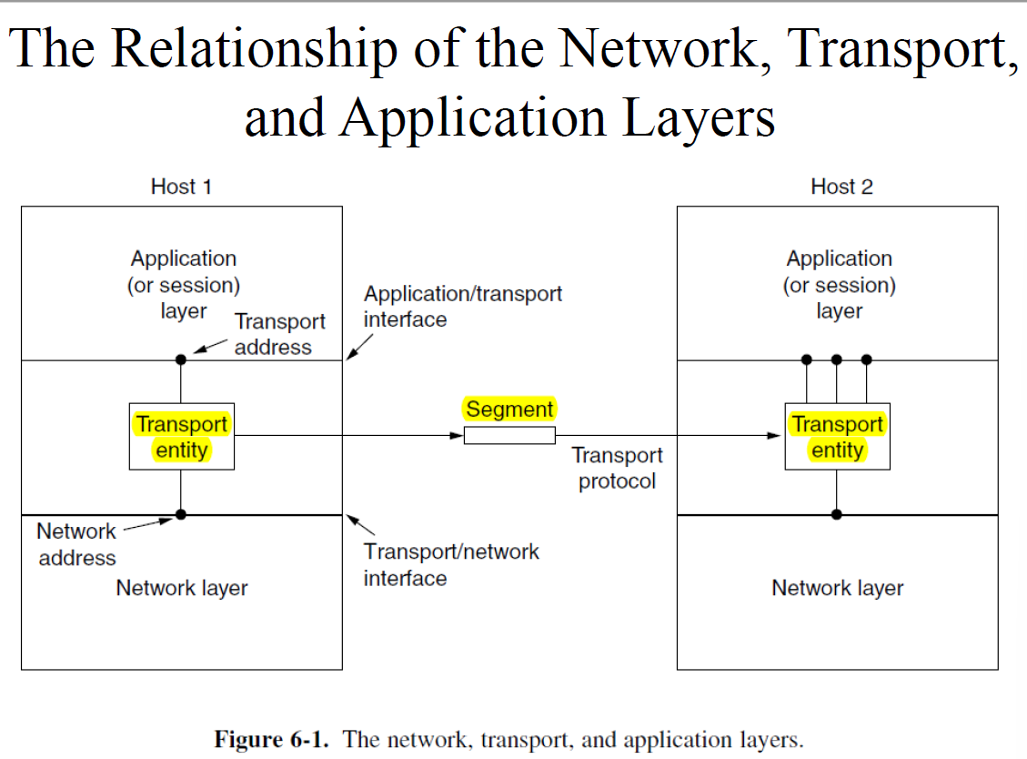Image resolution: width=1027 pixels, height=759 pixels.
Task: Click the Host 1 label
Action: click(181, 187)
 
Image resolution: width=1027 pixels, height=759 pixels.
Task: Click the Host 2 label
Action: click(841, 187)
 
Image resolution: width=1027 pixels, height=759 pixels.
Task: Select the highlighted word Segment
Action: click(509, 410)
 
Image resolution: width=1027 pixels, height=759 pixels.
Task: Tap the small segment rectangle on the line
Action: click(509, 436)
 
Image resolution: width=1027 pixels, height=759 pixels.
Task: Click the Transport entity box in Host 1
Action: click(182, 437)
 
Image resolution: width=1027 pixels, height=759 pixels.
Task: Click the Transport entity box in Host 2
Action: click(837, 437)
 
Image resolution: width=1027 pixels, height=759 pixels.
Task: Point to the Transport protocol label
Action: click(617, 468)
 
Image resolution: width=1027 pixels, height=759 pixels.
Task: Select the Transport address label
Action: click(278, 334)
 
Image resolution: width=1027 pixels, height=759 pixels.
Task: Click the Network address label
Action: click(76, 544)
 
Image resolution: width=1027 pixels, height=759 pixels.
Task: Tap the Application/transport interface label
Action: click(462, 307)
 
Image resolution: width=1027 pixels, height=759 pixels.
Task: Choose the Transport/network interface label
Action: click(450, 564)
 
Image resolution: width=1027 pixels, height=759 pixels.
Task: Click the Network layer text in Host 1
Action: click(182, 588)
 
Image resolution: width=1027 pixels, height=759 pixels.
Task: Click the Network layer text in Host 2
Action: click(837, 588)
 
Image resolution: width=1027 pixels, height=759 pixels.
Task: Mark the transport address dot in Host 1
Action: click(181, 359)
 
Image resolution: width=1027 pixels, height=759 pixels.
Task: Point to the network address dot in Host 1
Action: click(181, 514)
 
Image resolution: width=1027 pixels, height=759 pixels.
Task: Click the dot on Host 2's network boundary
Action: click(837, 514)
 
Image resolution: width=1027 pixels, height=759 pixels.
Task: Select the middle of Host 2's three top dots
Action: click(837, 359)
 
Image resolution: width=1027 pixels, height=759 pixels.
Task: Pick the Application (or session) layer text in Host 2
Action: click(839, 285)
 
